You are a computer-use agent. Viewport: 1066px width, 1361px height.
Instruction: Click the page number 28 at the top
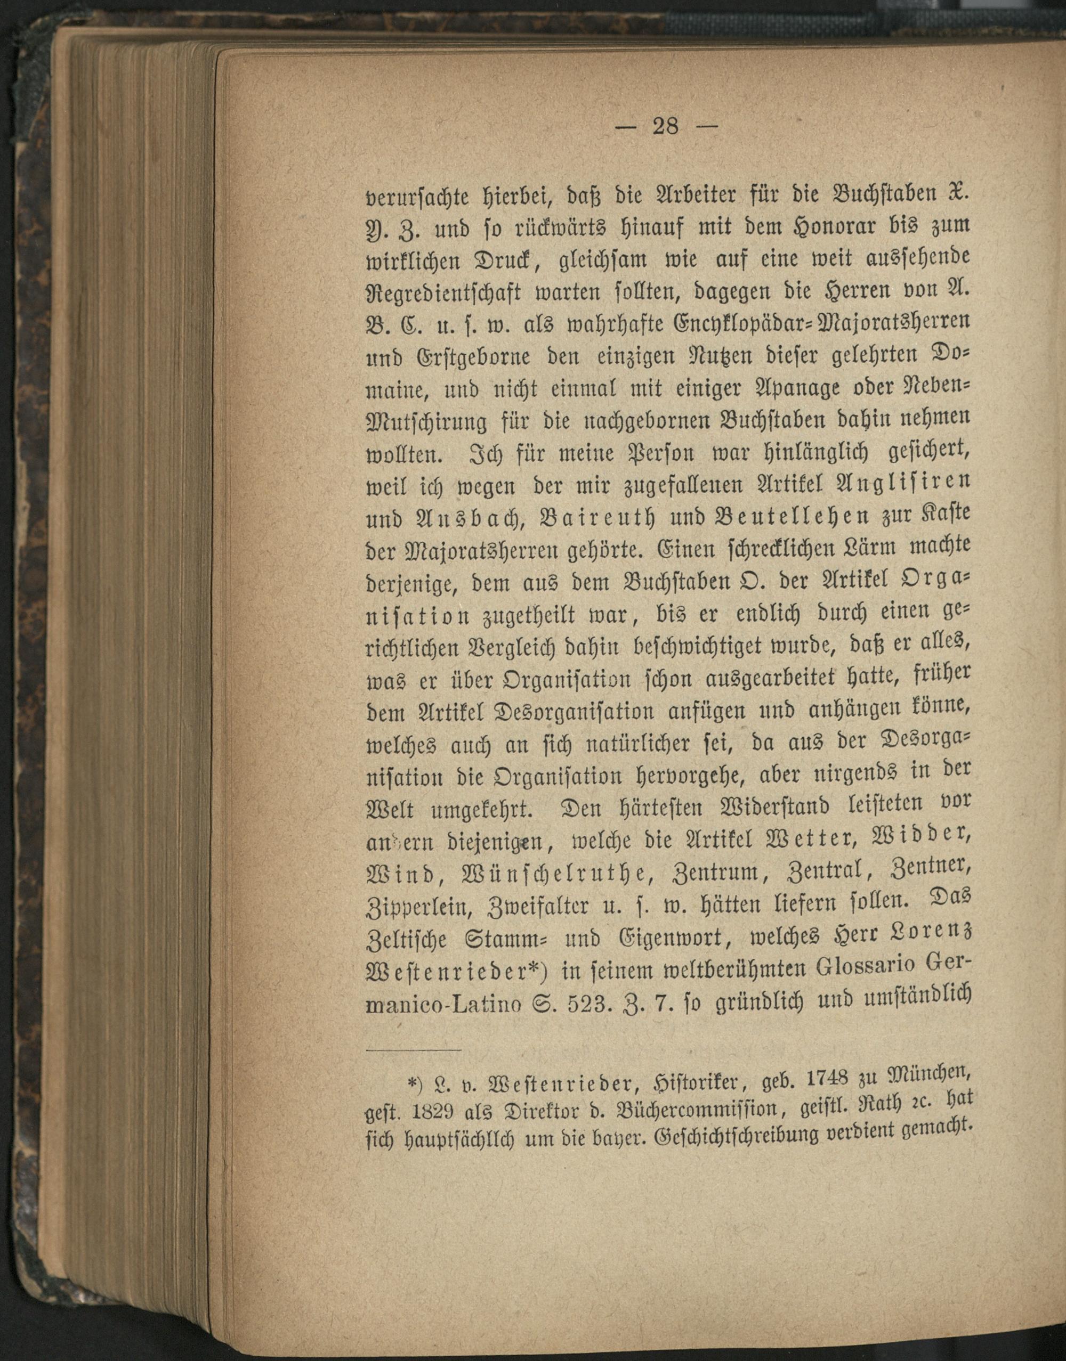coord(666,127)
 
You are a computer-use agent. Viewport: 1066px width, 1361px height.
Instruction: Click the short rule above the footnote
coord(413,1052)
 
